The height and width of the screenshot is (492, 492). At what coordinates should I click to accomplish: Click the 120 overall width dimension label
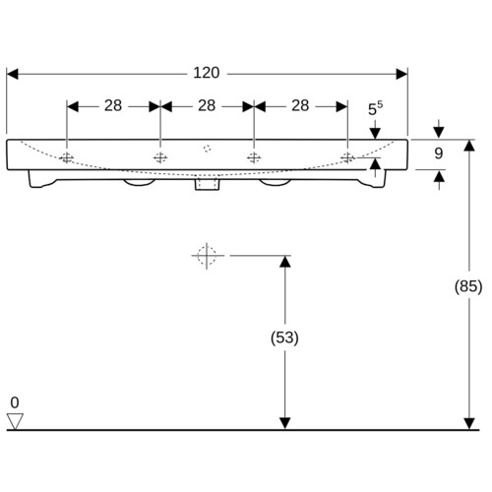207,73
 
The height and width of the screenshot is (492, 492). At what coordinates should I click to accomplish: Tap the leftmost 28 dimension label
113,105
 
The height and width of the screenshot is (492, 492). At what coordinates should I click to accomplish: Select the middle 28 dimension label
207,105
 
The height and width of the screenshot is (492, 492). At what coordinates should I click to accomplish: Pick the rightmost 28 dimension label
300,105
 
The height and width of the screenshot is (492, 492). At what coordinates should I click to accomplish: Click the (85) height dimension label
468,286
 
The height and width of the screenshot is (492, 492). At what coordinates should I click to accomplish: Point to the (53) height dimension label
284,338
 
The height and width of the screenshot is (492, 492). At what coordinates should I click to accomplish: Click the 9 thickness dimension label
439,154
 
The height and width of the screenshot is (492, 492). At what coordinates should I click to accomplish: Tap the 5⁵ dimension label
375,108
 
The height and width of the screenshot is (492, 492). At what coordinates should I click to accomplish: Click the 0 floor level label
15,402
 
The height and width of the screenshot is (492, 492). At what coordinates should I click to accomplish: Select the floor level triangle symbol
15,421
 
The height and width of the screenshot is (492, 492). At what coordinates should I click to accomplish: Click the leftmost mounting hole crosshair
67,158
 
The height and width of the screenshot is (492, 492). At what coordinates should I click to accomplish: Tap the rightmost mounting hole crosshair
347,158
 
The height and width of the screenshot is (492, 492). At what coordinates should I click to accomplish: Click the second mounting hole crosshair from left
160,158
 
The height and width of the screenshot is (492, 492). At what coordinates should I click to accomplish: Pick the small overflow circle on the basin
207,149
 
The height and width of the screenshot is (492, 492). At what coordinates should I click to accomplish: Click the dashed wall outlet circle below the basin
207,256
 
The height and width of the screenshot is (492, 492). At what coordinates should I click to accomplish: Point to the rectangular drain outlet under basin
207,184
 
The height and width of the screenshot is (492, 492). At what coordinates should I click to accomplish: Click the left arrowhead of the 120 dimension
13,74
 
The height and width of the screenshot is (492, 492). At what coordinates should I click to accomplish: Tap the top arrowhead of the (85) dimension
469,146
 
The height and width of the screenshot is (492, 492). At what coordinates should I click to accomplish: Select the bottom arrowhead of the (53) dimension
285,423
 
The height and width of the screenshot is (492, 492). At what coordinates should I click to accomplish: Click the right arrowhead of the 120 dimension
401,74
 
